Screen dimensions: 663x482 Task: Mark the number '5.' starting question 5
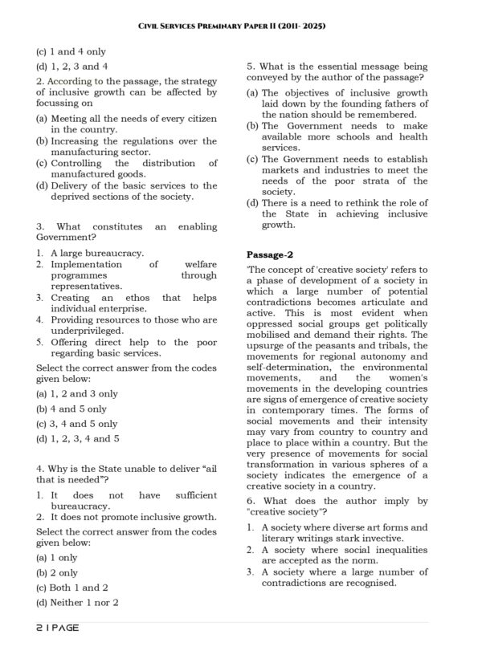click(251, 66)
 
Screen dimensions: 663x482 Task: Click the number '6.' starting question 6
click(251, 500)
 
